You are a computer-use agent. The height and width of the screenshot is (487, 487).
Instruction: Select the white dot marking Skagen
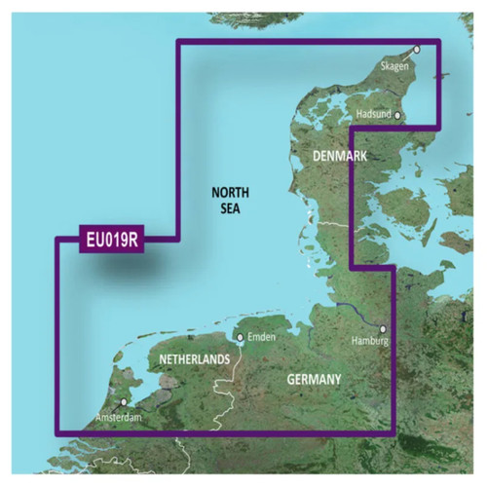(x=416, y=49)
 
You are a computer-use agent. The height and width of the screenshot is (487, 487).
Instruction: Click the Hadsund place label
(x=374, y=114)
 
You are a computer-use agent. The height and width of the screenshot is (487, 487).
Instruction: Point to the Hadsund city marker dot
(x=397, y=114)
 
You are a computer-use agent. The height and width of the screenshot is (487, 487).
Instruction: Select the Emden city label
(x=263, y=338)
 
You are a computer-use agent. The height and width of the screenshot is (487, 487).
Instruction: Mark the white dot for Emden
(x=240, y=338)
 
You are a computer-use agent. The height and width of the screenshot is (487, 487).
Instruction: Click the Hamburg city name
(x=370, y=342)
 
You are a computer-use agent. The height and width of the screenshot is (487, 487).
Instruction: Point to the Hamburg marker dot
(x=383, y=329)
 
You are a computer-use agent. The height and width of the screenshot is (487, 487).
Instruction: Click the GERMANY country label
(x=314, y=377)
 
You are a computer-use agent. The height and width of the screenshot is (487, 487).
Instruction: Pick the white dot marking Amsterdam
(x=123, y=401)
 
